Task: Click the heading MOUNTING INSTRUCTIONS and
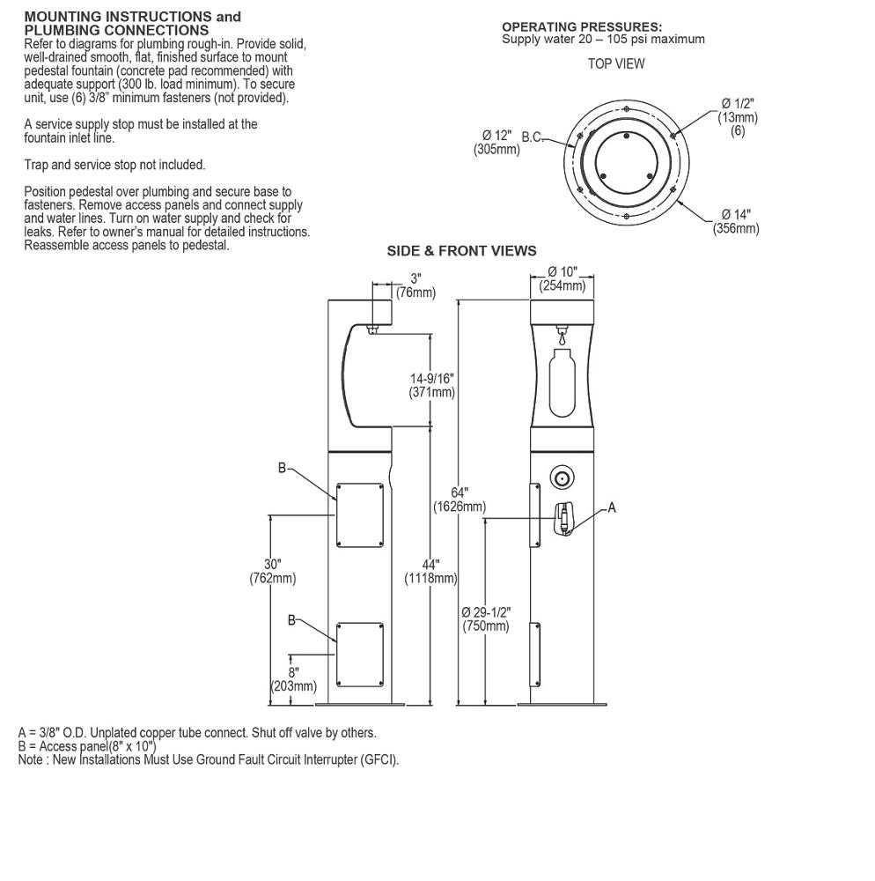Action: click(132, 17)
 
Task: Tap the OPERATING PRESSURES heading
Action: click(582, 27)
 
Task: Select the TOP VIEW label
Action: click(616, 63)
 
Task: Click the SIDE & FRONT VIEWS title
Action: click(461, 251)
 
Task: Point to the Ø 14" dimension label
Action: click(736, 214)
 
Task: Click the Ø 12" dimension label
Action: click(496, 136)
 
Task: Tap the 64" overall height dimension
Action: click(459, 492)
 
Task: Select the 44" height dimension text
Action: click(430, 564)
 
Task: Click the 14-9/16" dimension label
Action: click(432, 379)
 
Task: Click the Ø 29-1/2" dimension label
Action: click(486, 611)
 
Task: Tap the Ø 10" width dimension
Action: click(562, 271)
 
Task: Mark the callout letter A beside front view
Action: click(612, 507)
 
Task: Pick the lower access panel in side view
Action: click(359, 654)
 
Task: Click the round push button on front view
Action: click(561, 478)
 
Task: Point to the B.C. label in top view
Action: click(533, 137)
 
